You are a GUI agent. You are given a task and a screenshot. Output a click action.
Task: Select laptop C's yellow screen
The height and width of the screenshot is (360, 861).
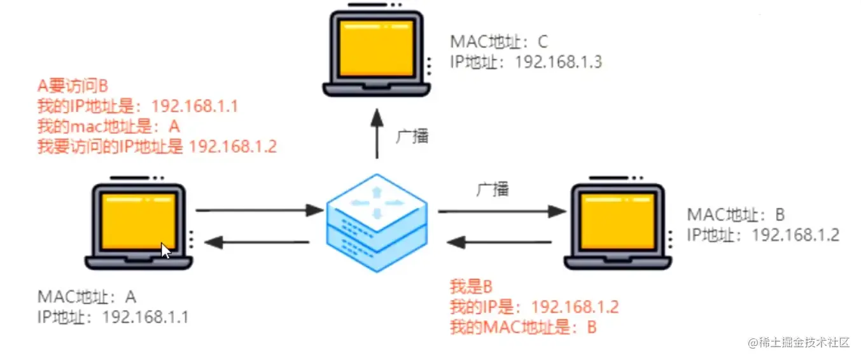[x=376, y=48]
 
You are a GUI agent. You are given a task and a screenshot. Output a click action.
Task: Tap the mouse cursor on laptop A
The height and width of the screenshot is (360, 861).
[x=165, y=250]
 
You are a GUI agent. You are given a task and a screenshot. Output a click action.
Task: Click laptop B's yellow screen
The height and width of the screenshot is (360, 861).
[x=617, y=220]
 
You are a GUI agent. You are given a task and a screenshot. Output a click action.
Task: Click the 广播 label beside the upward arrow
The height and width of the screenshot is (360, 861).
[x=412, y=137]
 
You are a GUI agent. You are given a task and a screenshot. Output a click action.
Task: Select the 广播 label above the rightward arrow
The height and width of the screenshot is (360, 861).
[x=493, y=189]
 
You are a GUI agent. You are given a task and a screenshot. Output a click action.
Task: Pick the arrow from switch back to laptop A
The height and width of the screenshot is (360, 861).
[x=258, y=242]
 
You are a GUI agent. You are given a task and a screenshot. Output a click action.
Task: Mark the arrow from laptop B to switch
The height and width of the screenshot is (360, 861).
[x=499, y=242]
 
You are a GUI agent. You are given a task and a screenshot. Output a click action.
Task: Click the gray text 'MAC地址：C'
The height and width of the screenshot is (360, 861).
[x=499, y=42]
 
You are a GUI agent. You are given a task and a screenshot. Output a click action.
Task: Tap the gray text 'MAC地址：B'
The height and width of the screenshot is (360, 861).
[x=737, y=214]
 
